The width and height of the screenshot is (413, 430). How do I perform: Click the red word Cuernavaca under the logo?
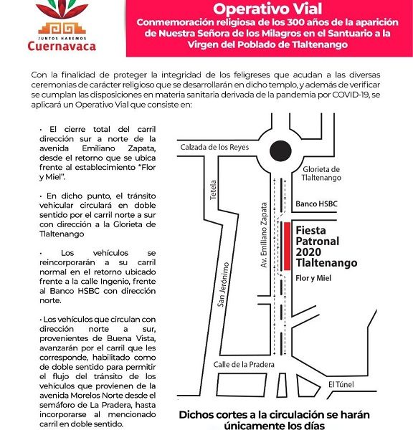click(x=64, y=47)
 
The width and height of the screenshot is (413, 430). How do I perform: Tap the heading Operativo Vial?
click(x=268, y=10)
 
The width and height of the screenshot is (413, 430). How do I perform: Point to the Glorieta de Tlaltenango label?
click(x=318, y=172)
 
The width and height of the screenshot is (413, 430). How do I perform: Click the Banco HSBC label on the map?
click(x=316, y=204)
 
